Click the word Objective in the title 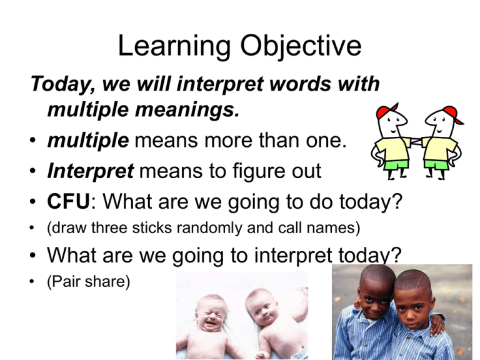tap(301, 46)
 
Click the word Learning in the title tap(174, 46)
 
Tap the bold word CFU tap(69, 201)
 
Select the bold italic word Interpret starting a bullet tap(90, 171)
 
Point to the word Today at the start tap(61, 84)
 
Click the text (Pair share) tap(89, 282)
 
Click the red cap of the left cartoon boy tap(387, 110)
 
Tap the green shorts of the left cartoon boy tap(396, 165)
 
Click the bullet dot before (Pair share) tap(32, 282)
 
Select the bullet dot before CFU tap(32, 202)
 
